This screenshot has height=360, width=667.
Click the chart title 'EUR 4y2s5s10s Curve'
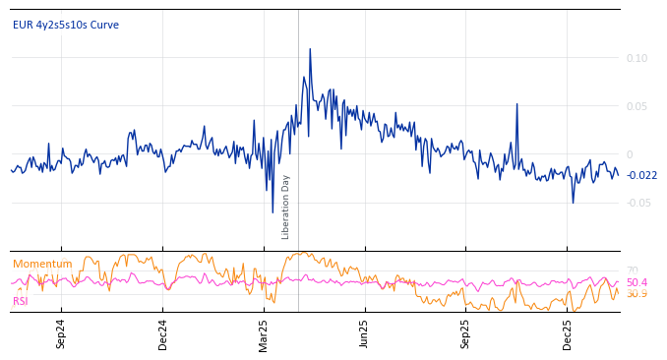[x=66, y=25]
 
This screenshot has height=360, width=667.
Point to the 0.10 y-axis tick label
[x=637, y=58]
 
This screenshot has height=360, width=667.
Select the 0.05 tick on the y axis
[x=637, y=106]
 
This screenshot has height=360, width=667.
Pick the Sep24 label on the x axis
[x=61, y=333]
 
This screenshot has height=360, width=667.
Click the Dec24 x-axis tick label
[x=162, y=333]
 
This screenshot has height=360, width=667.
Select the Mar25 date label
[x=264, y=333]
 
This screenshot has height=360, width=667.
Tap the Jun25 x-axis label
[x=364, y=333]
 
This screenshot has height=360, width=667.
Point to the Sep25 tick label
[x=465, y=333]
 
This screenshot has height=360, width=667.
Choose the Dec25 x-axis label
[x=567, y=333]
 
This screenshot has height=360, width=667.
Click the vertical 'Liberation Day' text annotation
[x=286, y=207]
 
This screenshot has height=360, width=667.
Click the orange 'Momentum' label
[x=42, y=264]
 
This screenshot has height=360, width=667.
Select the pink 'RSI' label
[x=21, y=301]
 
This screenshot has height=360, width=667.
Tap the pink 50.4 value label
[x=637, y=282]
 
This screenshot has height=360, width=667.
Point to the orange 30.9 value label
[x=637, y=294]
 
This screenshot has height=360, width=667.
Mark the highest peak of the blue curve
[x=310, y=49]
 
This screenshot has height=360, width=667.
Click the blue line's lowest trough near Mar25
[x=273, y=211]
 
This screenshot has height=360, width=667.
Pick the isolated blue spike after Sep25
[x=516, y=104]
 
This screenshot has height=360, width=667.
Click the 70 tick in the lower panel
[x=633, y=270]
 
